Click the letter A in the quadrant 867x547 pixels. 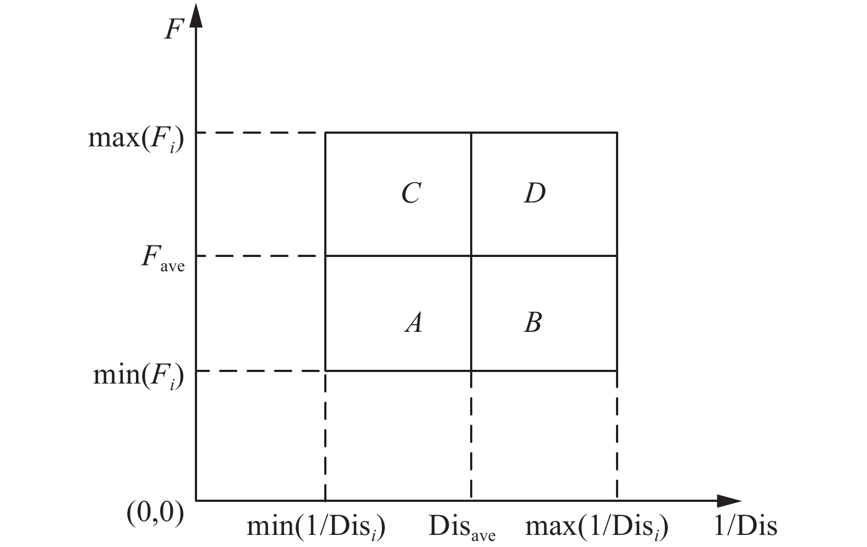point(413,322)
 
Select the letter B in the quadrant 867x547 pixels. point(533,322)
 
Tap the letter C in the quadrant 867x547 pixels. point(411,193)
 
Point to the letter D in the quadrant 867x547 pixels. point(535,193)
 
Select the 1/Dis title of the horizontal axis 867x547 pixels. point(745,527)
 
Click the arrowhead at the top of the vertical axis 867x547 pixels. point(196,17)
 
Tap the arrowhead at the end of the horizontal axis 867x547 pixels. point(729,501)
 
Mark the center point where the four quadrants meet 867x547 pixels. point(471,256)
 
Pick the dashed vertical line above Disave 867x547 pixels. point(471,435)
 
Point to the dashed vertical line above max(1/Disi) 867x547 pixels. point(617,435)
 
